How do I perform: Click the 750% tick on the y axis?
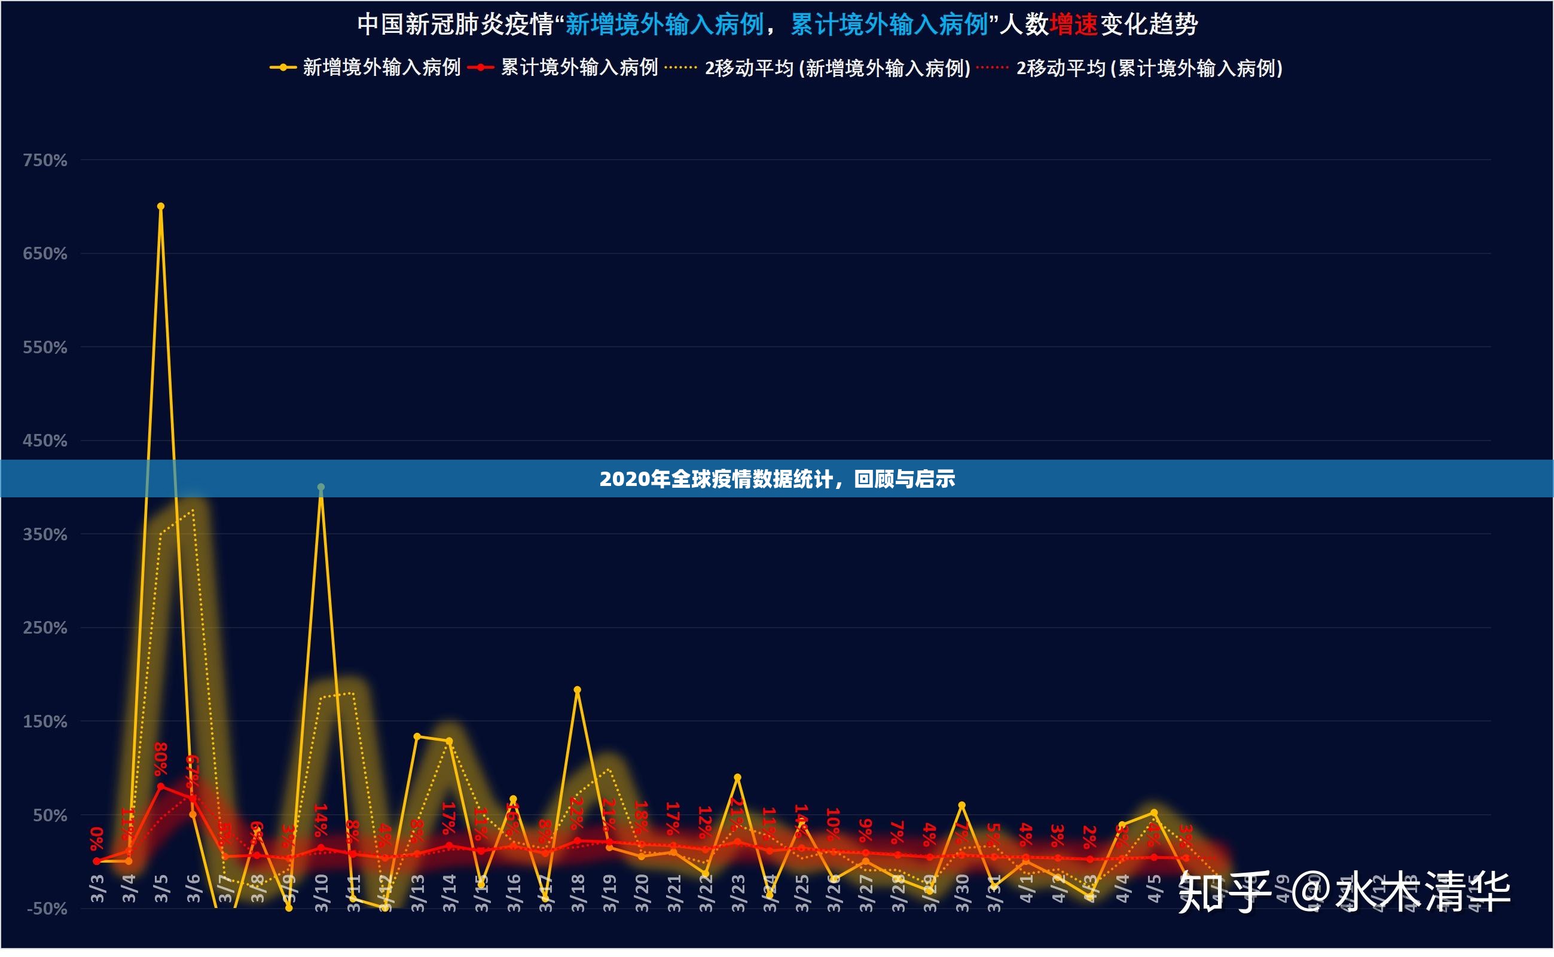coord(45,160)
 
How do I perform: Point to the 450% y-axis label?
coord(45,441)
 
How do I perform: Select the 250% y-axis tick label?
coord(45,628)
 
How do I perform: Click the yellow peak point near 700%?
coord(161,206)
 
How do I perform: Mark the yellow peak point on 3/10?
coord(321,487)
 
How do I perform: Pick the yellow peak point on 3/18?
coord(577,690)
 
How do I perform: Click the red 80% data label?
coord(161,759)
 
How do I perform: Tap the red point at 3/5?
coord(161,787)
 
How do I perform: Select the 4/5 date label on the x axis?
coord(1155,889)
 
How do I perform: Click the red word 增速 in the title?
coord(1073,25)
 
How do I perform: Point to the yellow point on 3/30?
coord(962,805)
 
